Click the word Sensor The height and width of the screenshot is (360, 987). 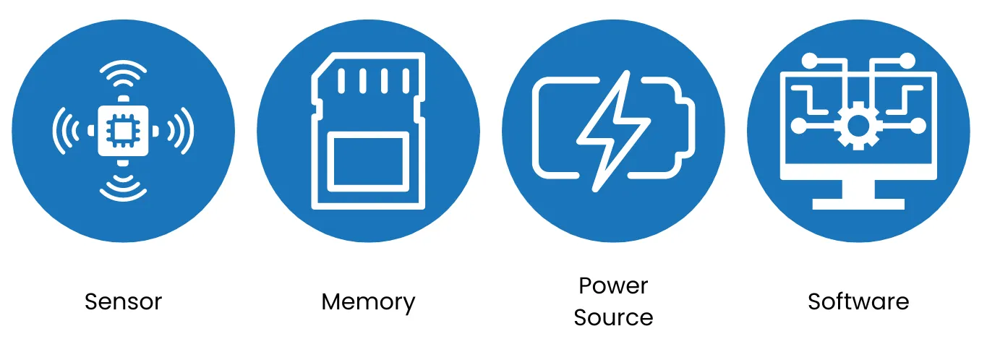tap(124, 302)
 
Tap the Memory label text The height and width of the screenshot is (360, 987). tap(368, 303)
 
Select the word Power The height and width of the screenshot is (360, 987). tap(613, 286)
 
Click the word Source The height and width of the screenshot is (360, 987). tap(613, 317)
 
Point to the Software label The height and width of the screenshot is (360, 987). tap(858, 302)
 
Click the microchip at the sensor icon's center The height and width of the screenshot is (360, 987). tap(123, 131)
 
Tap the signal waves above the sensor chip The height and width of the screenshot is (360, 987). tap(123, 74)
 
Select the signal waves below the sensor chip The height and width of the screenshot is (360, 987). tap(123, 188)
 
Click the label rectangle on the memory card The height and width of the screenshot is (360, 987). tap(368, 161)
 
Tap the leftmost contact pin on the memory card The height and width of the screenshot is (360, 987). tap(341, 81)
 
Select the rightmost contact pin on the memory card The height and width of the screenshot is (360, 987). tap(406, 81)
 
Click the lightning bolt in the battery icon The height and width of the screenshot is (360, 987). tap(614, 131)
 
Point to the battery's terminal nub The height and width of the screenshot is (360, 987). tap(688, 131)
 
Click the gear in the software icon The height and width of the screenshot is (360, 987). tap(858, 126)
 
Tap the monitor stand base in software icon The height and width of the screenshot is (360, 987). tap(858, 204)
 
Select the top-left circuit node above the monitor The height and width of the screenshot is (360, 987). tap(810, 61)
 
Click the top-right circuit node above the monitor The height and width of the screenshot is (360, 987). tap(907, 61)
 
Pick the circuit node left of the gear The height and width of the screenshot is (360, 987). tap(799, 126)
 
